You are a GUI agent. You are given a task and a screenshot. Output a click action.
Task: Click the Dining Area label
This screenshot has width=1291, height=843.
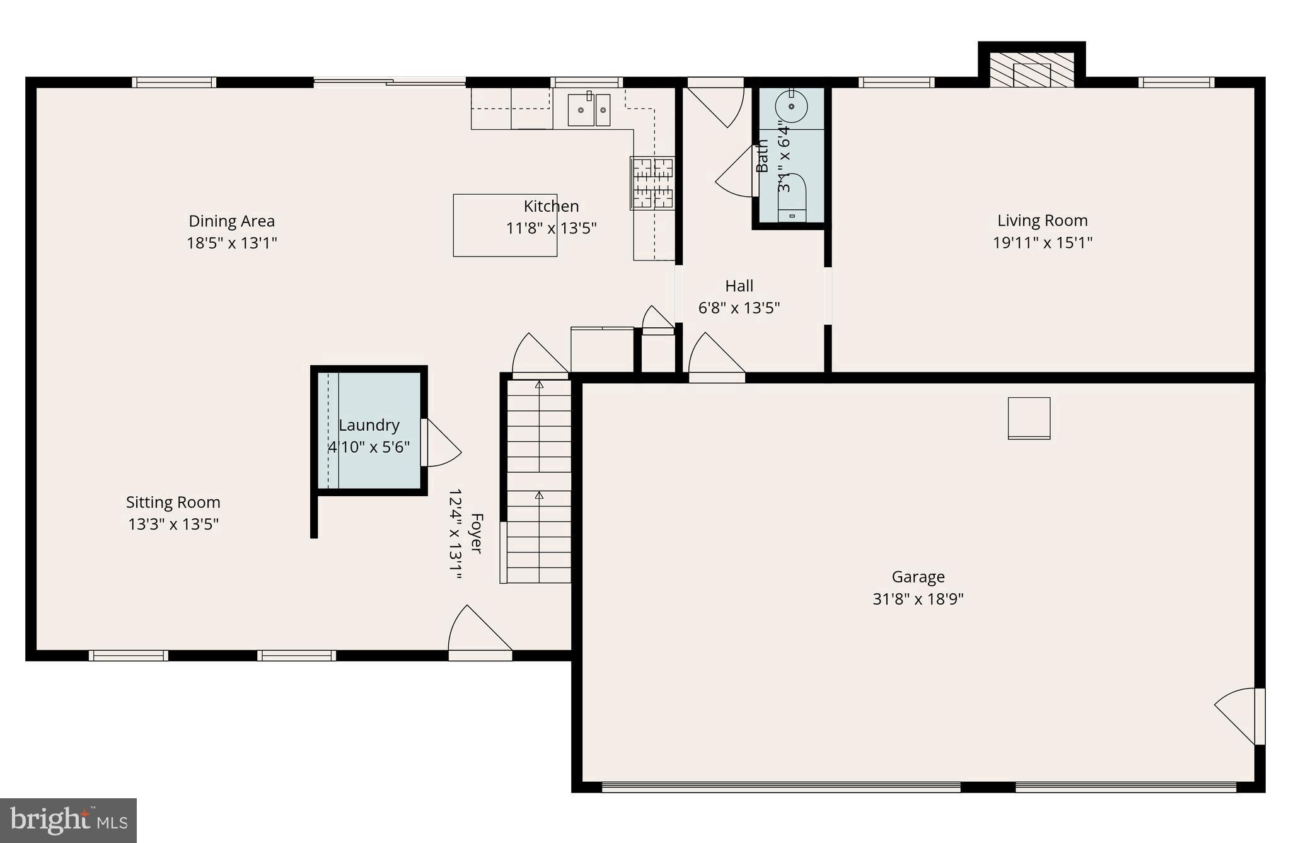[x=231, y=221]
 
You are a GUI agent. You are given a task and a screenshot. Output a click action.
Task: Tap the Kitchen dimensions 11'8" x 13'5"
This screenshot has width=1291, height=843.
[x=551, y=228]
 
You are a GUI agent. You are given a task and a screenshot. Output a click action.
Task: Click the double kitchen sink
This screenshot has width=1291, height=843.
[x=589, y=110]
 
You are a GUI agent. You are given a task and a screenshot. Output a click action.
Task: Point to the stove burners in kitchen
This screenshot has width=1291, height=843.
[x=652, y=183]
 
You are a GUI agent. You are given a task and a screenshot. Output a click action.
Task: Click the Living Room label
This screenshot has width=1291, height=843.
[x=1042, y=221]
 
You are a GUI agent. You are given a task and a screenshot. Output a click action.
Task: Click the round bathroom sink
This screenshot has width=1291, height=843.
[x=791, y=106]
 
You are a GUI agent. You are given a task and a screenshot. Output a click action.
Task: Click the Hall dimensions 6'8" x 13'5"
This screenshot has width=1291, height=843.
[x=739, y=308]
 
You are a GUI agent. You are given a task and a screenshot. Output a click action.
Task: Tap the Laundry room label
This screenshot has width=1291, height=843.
[x=369, y=425]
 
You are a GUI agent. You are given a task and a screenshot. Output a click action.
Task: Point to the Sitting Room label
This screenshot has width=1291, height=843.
[x=173, y=503]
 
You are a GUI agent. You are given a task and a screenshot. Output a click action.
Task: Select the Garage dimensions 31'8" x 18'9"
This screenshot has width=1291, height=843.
[x=918, y=599]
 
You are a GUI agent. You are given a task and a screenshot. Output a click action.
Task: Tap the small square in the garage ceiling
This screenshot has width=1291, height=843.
[x=1029, y=418]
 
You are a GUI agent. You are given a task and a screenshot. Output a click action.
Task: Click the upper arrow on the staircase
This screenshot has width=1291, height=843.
[x=539, y=383]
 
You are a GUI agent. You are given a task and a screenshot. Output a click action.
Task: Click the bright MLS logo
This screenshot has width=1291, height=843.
[x=69, y=820]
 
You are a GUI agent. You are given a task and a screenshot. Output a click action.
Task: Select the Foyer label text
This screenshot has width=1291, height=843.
[x=477, y=533]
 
